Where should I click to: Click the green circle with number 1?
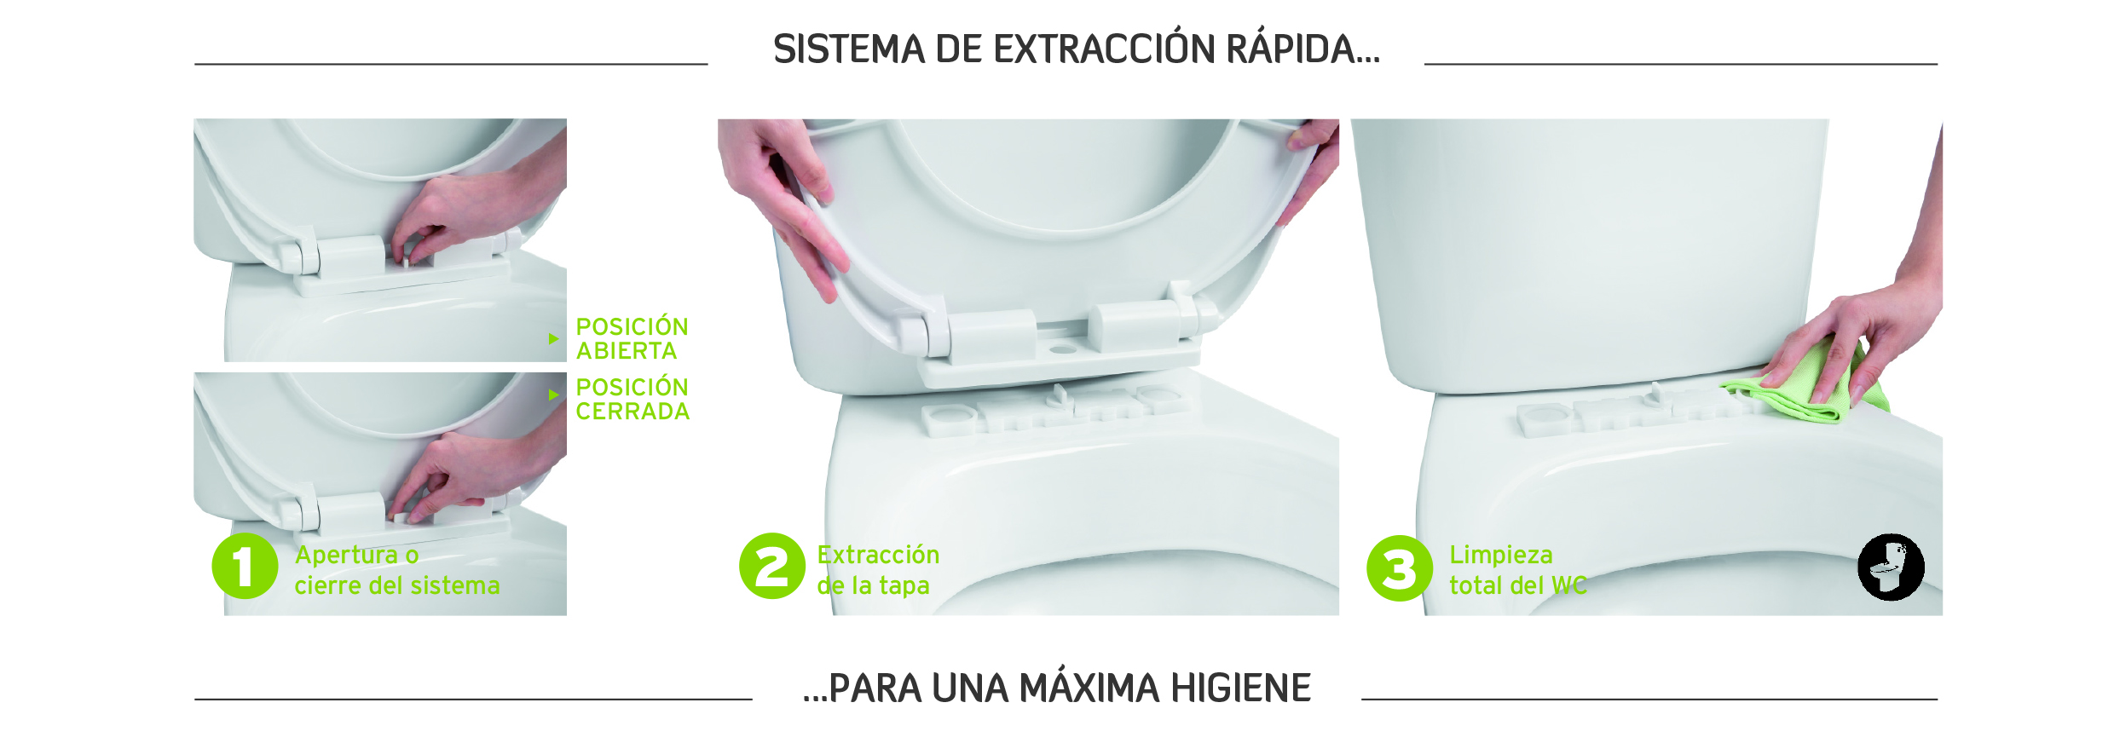pos(245,567)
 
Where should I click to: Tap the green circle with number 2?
pos(772,567)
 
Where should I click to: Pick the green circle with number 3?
pos(1400,568)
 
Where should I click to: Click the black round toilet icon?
pos(1891,567)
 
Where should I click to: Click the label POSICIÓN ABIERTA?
pos(632,338)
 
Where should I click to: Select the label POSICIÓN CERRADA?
pos(632,399)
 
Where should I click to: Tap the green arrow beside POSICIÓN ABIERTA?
pos(554,339)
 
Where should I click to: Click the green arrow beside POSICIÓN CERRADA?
pos(554,395)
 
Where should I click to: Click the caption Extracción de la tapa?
pos(878,570)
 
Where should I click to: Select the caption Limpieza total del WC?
pos(1518,570)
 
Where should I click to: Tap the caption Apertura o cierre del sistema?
pos(397,570)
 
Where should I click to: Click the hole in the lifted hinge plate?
pos(1062,349)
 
